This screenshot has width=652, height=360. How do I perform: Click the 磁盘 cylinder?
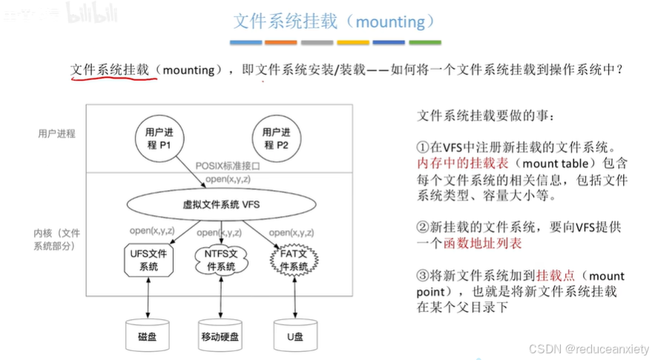pyautogui.click(x=148, y=336)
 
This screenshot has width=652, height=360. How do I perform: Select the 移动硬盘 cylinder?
pyautogui.click(x=220, y=336)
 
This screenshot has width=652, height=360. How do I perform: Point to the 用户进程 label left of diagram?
pyautogui.click(x=56, y=134)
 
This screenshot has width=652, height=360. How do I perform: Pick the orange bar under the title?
pyautogui.click(x=280, y=42)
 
